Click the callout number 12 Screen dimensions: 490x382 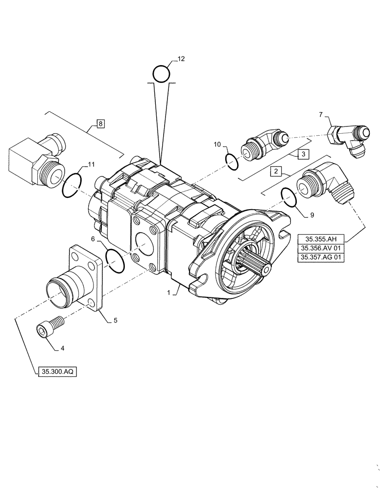[181, 59]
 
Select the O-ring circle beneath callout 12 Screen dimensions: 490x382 [161, 74]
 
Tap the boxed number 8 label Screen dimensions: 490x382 [100, 123]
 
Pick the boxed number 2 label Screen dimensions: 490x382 [277, 171]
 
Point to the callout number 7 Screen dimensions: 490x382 [321, 114]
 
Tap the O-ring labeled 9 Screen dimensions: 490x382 [289, 198]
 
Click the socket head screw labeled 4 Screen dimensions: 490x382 [50, 325]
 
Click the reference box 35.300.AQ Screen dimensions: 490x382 [56, 372]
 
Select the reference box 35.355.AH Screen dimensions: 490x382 [321, 239]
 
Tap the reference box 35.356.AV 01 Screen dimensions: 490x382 [321, 248]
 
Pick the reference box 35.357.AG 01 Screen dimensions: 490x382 [321, 257]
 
